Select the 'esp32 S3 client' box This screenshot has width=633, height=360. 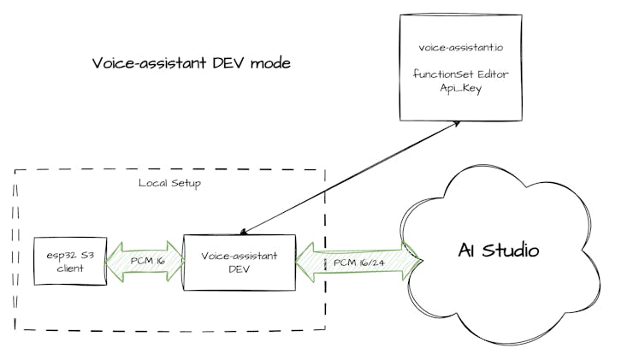tap(65, 261)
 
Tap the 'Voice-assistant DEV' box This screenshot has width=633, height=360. tap(239, 262)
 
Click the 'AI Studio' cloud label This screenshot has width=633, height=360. tap(499, 251)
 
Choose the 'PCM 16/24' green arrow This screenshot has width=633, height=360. tap(358, 262)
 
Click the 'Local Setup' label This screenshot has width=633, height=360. tap(169, 183)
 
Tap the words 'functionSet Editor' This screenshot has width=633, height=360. tap(460, 74)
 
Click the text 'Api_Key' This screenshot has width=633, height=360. tap(460, 87)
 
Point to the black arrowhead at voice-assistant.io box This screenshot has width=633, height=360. tap(457, 124)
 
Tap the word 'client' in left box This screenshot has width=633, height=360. tap(65, 268)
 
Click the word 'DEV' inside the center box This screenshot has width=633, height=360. tap(239, 269)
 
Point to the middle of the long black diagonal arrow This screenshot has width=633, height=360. tap(351, 177)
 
